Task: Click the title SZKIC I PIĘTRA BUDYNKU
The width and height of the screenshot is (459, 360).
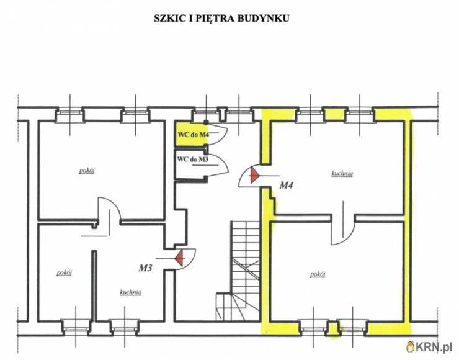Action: pyautogui.click(x=221, y=19)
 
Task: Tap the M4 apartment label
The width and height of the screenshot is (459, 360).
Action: pyautogui.click(x=287, y=185)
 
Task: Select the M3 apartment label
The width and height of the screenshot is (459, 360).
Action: pyautogui.click(x=145, y=268)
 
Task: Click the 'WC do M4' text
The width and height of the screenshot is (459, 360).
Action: pyautogui.click(x=193, y=135)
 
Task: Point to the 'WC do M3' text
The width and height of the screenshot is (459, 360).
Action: pyautogui.click(x=193, y=160)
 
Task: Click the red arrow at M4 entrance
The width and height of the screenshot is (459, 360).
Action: pyautogui.click(x=255, y=175)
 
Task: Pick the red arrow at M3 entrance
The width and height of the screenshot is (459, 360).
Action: pyautogui.click(x=179, y=258)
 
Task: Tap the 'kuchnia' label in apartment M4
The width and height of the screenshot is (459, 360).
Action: pyautogui.click(x=342, y=174)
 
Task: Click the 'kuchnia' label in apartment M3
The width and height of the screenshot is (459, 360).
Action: pyautogui.click(x=130, y=292)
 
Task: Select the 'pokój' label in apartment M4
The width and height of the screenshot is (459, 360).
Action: pyautogui.click(x=318, y=274)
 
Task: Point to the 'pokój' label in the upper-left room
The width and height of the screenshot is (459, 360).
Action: pyautogui.click(x=87, y=171)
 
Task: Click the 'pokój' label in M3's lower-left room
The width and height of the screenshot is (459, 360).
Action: pyautogui.click(x=64, y=272)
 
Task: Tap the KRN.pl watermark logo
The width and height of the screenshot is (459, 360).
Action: pyautogui.click(x=430, y=348)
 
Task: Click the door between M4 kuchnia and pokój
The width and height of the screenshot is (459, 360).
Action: pyautogui.click(x=343, y=223)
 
